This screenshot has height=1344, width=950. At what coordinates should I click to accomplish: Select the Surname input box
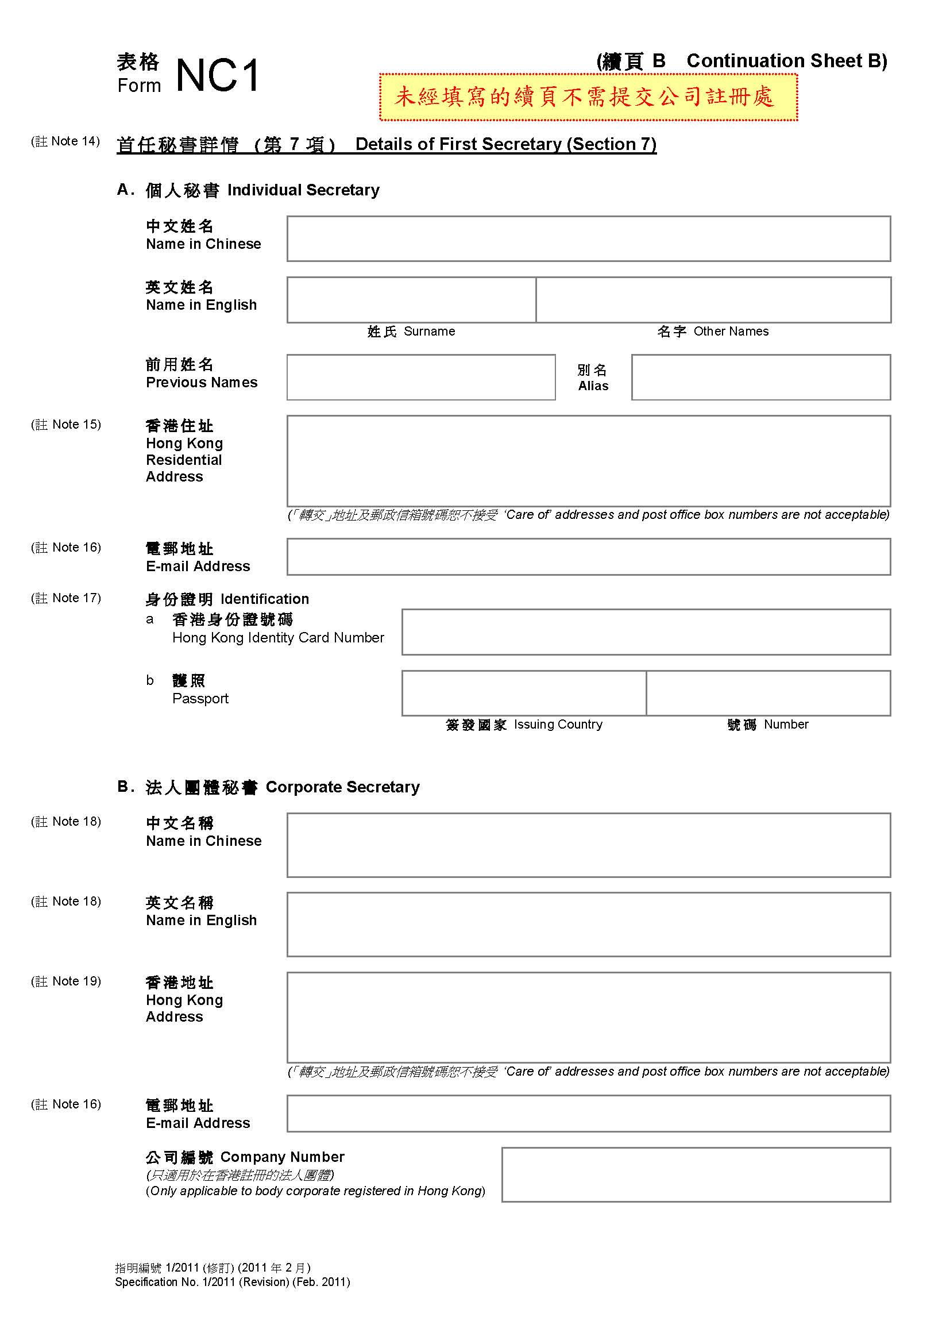coord(411,300)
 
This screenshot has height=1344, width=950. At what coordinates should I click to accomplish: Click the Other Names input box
coord(713,300)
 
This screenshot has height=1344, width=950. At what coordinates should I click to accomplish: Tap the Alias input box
coord(760,377)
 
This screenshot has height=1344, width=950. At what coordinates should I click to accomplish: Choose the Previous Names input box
coord(420,377)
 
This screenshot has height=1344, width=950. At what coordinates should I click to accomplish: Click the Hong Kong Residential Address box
coord(589,461)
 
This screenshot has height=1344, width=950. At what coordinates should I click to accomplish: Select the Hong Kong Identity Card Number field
coord(646,631)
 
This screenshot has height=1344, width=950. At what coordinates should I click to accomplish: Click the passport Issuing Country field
coord(524,693)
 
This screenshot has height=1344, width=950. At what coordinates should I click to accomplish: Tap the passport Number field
coord(768,693)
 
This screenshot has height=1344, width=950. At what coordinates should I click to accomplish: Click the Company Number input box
coord(696,1174)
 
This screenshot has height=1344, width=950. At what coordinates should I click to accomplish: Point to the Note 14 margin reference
coord(65,141)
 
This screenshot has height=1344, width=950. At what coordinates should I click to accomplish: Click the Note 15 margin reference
coord(66,425)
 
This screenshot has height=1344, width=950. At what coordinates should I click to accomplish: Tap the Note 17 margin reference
coord(66,598)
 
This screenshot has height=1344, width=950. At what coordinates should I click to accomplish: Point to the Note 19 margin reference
coord(66,981)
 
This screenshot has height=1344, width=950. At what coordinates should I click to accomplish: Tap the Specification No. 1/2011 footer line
coord(232,1282)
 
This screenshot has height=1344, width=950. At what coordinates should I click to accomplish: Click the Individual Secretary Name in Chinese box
coord(589,239)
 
